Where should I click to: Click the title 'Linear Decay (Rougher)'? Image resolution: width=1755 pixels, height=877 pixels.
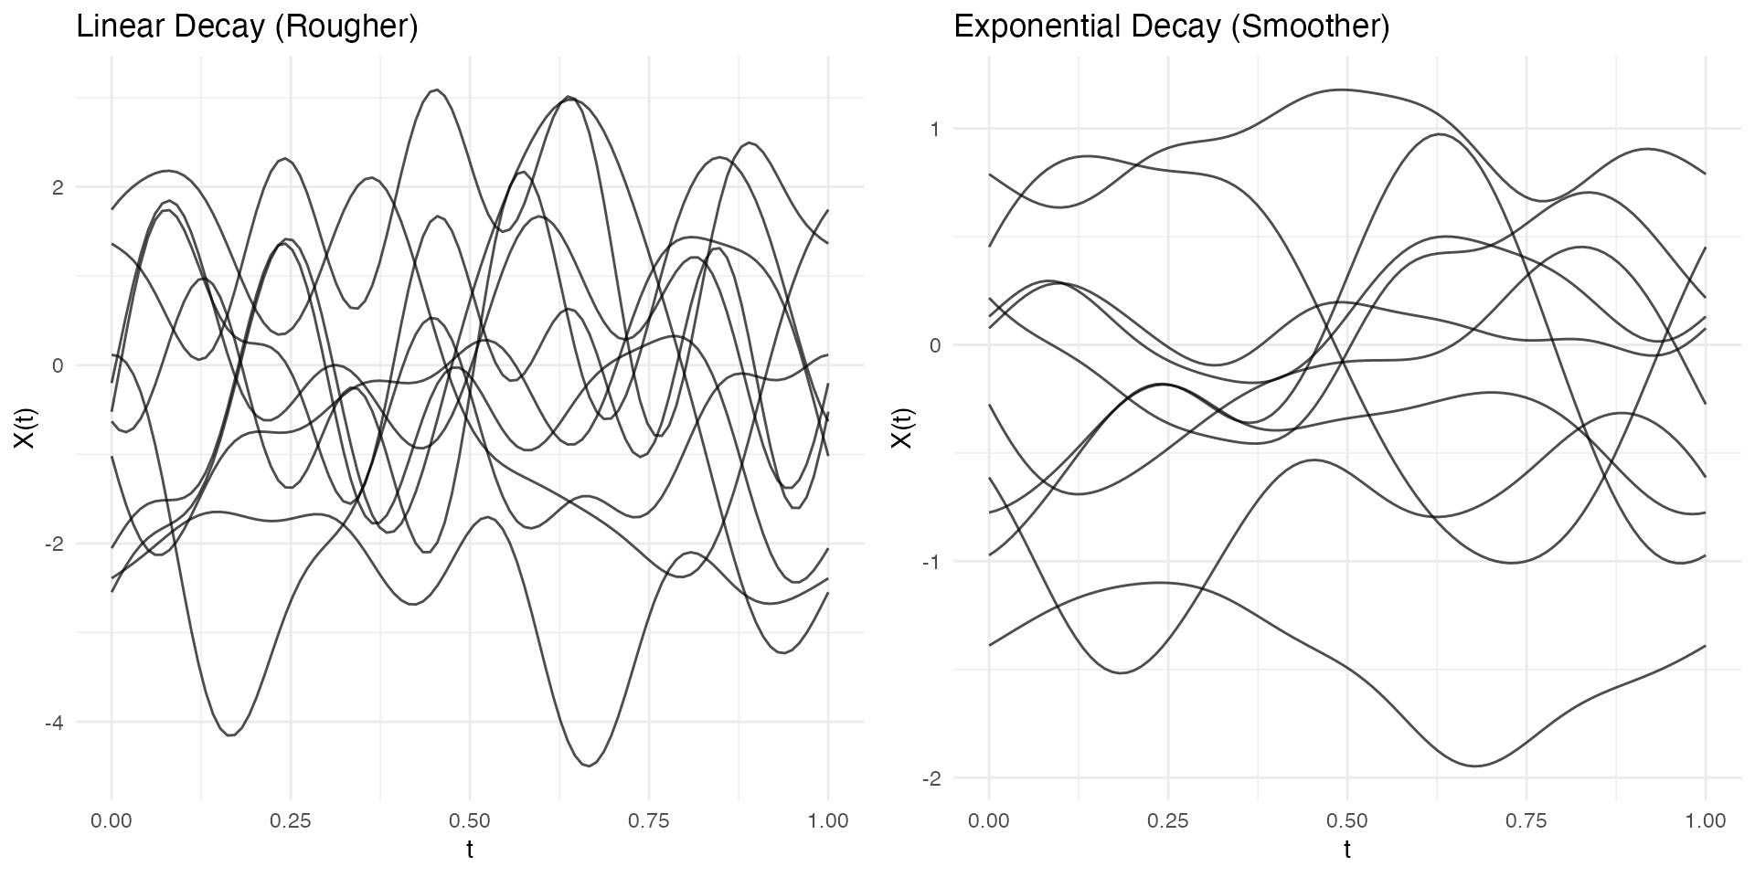(x=247, y=27)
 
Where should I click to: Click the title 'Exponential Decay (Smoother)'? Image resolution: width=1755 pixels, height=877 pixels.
(x=1171, y=27)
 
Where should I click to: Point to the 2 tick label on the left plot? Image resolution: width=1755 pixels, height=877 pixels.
(x=57, y=187)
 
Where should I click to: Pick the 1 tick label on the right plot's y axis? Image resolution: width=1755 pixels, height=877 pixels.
(x=934, y=129)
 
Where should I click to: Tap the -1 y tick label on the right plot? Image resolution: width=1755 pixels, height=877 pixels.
(x=931, y=562)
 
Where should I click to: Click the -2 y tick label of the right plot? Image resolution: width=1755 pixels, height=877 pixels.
(x=931, y=778)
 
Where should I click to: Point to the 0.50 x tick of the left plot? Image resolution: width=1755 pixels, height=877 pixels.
(x=470, y=821)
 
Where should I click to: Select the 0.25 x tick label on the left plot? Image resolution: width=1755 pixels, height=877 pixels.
(x=291, y=821)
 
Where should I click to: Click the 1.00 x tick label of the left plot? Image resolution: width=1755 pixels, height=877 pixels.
(x=828, y=821)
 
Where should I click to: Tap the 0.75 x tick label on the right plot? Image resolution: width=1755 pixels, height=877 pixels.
(x=1526, y=821)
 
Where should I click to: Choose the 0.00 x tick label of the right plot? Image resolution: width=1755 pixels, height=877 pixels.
(x=989, y=821)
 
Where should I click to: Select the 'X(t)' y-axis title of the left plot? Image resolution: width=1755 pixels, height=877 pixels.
(x=25, y=428)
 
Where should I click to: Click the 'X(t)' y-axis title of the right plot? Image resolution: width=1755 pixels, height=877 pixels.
(x=902, y=428)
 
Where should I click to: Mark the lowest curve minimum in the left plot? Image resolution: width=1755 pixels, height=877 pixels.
(x=590, y=766)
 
